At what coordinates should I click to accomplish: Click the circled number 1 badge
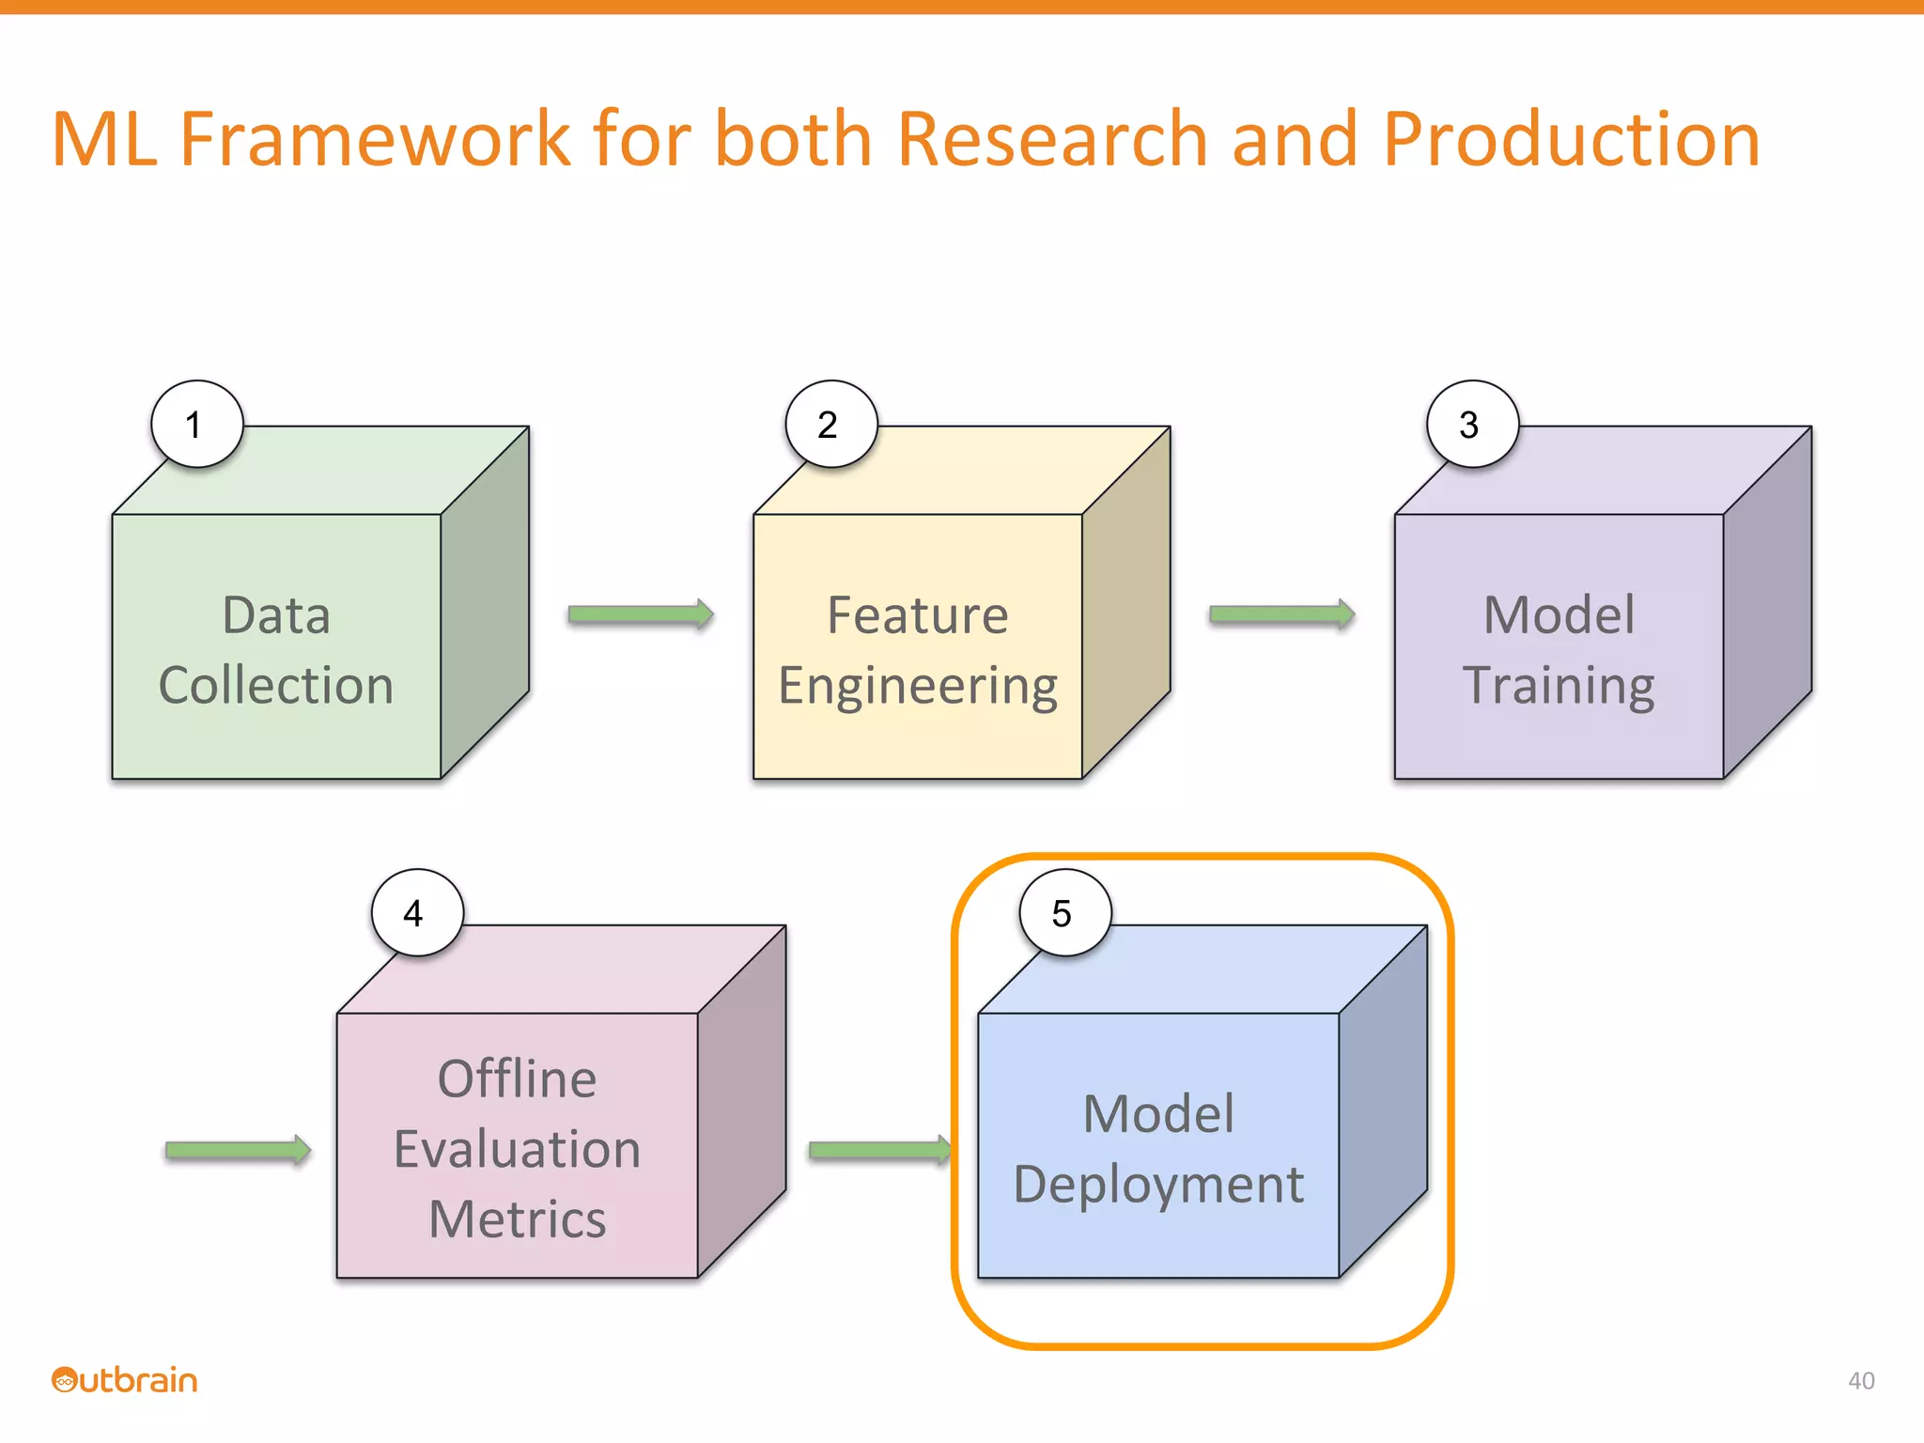pos(196,425)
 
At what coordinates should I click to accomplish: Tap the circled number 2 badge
pos(830,425)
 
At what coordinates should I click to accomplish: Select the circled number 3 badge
pos(1471,425)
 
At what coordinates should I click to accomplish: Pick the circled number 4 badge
pos(416,913)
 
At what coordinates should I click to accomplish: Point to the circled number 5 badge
pos(1064,913)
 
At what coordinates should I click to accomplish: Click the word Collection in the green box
pos(275,685)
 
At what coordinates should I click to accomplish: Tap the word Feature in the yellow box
pos(917,615)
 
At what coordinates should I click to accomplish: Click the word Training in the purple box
pos(1559,685)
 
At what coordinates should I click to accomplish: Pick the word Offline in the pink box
pos(517,1078)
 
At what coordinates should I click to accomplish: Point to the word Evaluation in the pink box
pos(517,1149)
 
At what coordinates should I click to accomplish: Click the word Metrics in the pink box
pos(517,1219)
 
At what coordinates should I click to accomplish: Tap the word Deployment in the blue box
pos(1158,1184)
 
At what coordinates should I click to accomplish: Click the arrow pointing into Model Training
pos(1281,614)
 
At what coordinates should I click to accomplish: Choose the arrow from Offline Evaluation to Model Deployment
pos(879,1150)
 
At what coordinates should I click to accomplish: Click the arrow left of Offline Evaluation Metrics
pos(238,1150)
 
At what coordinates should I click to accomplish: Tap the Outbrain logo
pos(124,1380)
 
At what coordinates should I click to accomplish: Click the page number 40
pos(1860,1380)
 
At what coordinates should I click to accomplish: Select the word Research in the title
pos(1052,139)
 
